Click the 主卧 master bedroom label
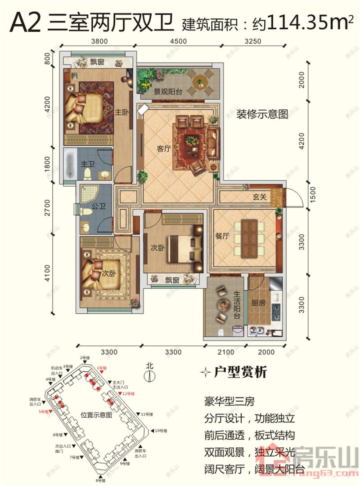tap(119, 112)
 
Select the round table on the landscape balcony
tap(199, 82)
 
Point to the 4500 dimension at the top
tap(179, 41)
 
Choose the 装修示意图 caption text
tap(262, 114)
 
